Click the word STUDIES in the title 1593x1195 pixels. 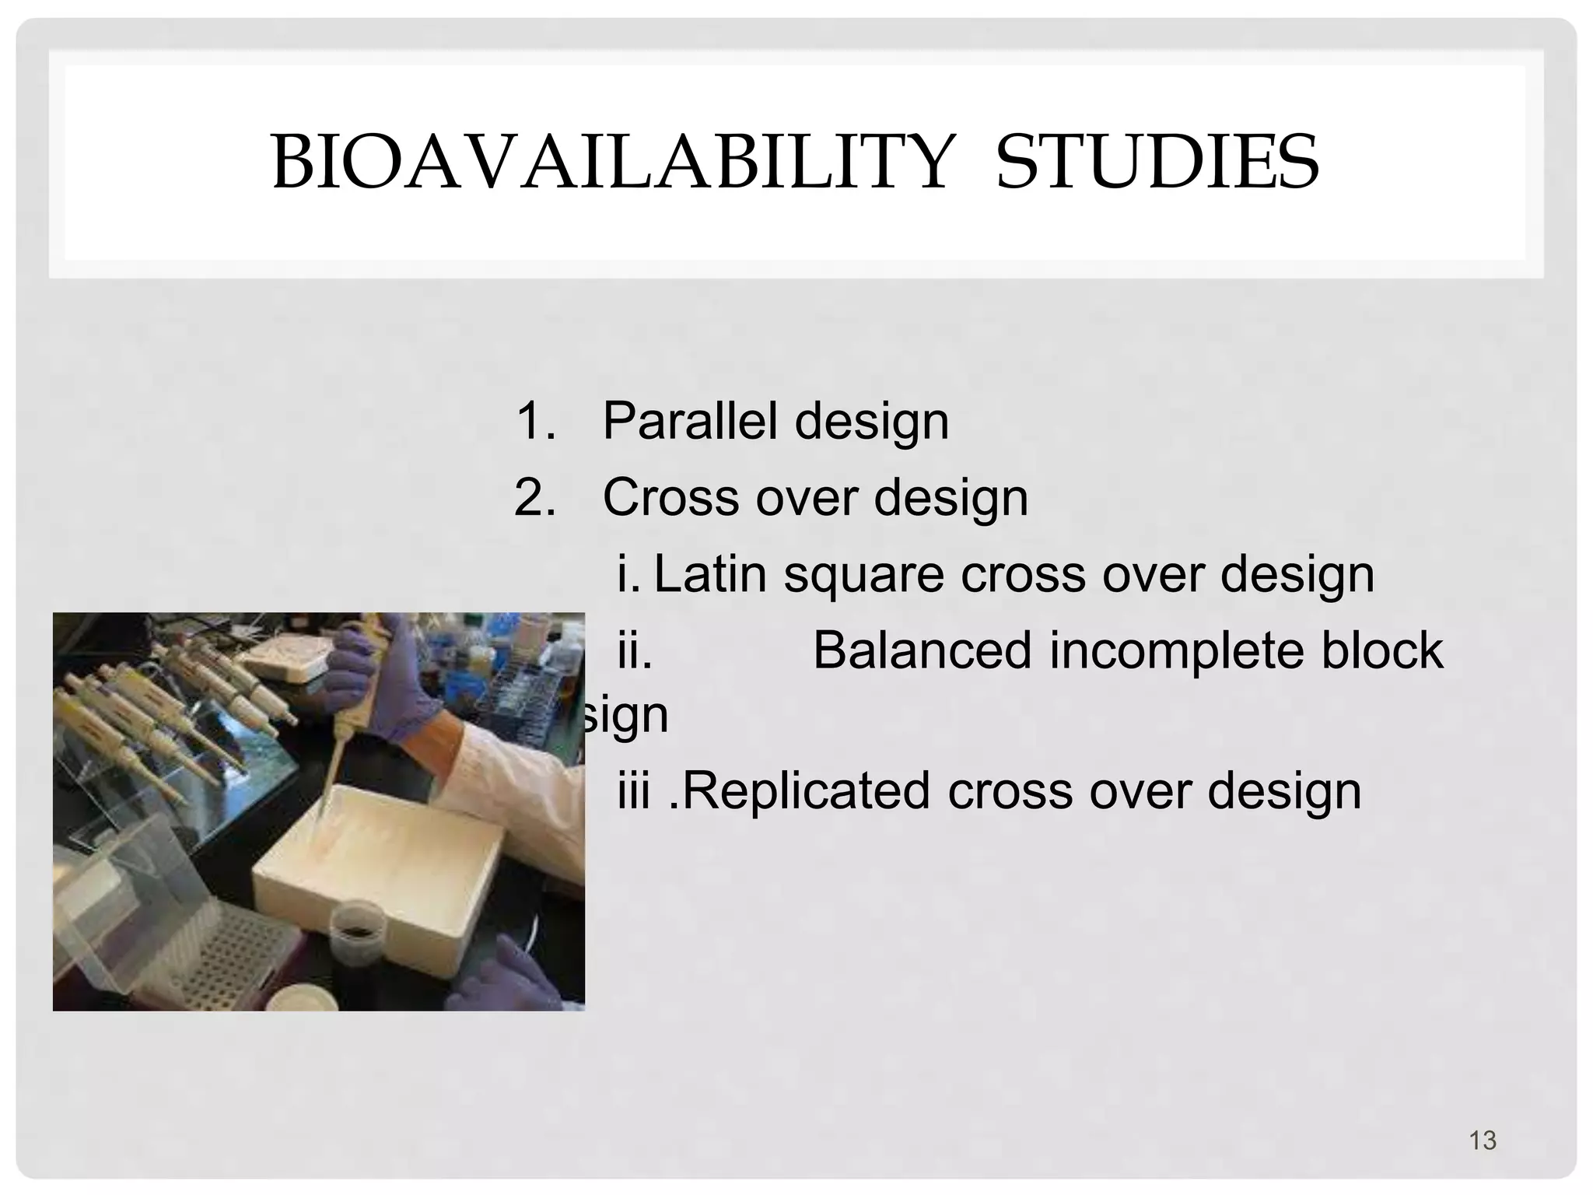[1157, 163]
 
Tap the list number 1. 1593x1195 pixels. [535, 421]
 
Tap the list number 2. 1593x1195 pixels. [535, 497]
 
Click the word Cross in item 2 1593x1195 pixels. [670, 497]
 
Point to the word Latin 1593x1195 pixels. [710, 574]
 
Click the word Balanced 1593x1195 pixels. [922, 650]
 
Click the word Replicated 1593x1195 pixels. [805, 791]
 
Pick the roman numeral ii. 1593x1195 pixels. [634, 650]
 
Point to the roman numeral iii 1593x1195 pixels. [633, 791]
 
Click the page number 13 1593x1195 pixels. [1483, 1141]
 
